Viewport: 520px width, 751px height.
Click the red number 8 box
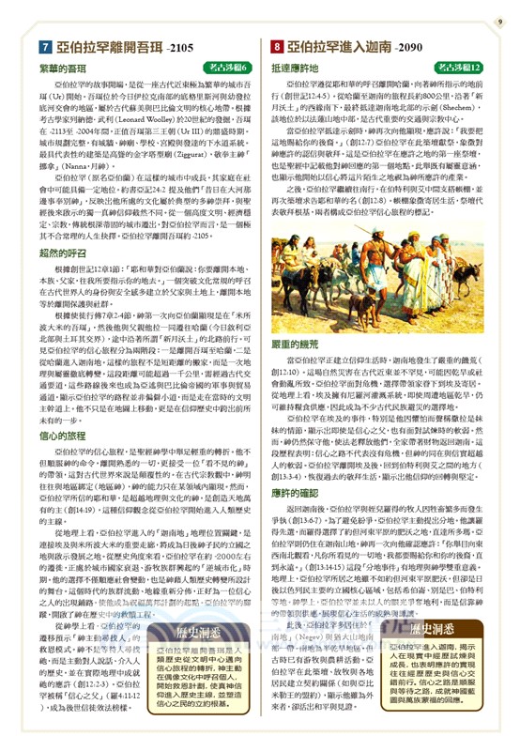(x=277, y=44)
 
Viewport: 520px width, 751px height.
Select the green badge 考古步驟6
(x=223, y=69)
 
